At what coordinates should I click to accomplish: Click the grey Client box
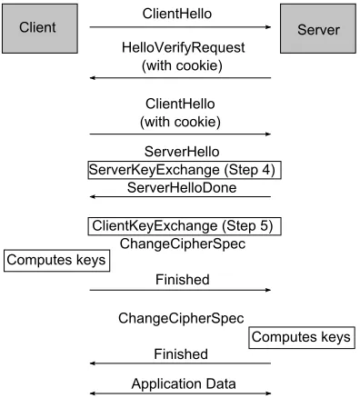click(40, 28)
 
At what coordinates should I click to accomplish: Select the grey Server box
click(318, 28)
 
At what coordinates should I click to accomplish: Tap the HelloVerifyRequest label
click(183, 48)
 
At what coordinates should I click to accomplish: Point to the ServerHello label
click(182, 152)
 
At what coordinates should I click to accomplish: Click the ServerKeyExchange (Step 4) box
click(185, 170)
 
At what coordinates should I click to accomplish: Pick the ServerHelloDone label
click(182, 188)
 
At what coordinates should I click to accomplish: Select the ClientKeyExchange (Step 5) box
click(185, 226)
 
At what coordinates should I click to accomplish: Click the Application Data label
click(184, 383)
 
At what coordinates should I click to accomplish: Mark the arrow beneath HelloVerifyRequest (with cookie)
click(180, 78)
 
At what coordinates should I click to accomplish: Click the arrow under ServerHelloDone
click(180, 196)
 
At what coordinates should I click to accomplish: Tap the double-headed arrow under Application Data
click(180, 393)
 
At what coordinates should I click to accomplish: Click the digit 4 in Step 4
click(266, 170)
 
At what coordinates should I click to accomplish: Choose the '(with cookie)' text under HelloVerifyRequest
click(182, 65)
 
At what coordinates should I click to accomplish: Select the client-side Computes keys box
click(56, 261)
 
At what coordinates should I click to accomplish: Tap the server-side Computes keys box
click(302, 337)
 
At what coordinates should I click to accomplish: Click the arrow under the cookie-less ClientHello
click(180, 27)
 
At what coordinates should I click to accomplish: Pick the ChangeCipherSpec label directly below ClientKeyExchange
click(183, 244)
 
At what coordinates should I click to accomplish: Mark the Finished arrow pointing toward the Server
click(180, 290)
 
